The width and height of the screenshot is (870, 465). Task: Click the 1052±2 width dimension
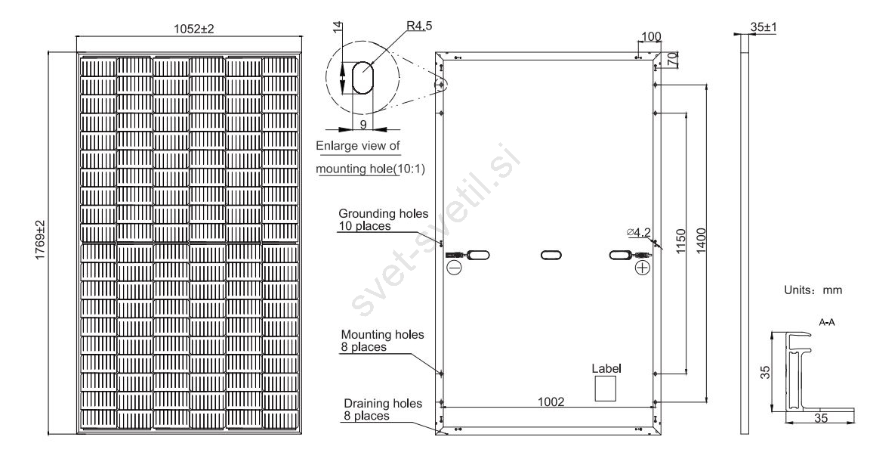pos(189,28)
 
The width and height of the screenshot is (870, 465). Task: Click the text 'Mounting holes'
pos(383,333)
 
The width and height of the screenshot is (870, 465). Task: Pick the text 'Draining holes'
pos(383,403)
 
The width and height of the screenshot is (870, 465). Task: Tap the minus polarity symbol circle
pos(454,268)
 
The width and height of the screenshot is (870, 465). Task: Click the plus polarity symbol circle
pos(643,268)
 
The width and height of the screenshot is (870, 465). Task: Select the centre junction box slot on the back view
pos(551,255)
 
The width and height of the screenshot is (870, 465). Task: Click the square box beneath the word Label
pos(606,389)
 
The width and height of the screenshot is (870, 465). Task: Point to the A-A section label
pos(826,321)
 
